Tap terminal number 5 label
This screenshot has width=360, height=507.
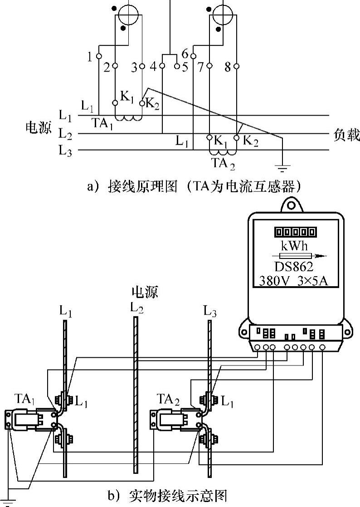[x=185, y=67]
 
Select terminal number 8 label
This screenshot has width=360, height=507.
[x=228, y=68]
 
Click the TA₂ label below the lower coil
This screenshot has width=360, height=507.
[x=223, y=163]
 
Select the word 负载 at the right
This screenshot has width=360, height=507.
[x=346, y=135]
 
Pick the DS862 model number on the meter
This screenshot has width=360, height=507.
[x=294, y=266]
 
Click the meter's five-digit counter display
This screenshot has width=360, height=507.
[x=295, y=232]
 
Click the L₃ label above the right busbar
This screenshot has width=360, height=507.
[x=210, y=311]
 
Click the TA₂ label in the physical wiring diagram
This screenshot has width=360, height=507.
[x=167, y=399]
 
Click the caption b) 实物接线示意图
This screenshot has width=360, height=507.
[x=166, y=495]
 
